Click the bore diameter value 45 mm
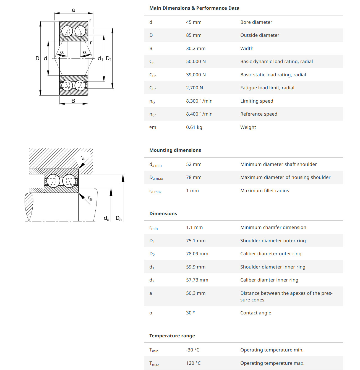click(194, 22)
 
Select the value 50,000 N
click(196, 61)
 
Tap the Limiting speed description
click(257, 101)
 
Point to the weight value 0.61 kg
click(194, 127)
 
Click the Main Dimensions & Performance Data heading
click(194, 8)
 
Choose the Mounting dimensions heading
click(175, 150)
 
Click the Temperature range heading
click(172, 336)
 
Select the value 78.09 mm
click(197, 254)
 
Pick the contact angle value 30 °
click(190, 313)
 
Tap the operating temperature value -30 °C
click(192, 350)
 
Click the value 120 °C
click(193, 363)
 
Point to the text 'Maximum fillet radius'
click(264, 191)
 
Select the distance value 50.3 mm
click(195, 293)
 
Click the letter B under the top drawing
click(73, 101)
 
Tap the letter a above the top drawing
click(73, 10)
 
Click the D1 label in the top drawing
click(109, 59)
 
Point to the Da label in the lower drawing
click(119, 218)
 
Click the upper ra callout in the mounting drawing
click(82, 158)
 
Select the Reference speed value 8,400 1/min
click(199, 114)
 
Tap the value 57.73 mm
click(197, 280)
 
